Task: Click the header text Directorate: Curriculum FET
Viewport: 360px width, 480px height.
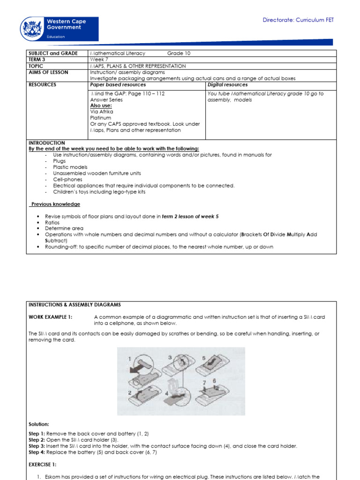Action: [x=298, y=20]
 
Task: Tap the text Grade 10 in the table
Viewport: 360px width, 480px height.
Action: [x=179, y=53]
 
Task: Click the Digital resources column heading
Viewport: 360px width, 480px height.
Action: [x=227, y=85]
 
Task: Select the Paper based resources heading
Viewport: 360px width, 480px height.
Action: [x=118, y=85]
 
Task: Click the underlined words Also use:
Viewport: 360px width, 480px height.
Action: [x=101, y=106]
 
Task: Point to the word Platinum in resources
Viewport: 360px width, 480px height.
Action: [x=101, y=118]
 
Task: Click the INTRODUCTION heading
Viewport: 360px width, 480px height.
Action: [x=47, y=143]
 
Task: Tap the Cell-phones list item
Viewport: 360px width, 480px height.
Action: [x=67, y=180]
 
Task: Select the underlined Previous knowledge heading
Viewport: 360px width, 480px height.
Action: [x=56, y=204]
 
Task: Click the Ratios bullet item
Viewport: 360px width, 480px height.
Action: [x=52, y=223]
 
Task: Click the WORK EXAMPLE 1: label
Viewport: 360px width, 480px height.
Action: [x=51, y=317]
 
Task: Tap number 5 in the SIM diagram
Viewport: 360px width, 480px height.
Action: [x=203, y=358]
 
